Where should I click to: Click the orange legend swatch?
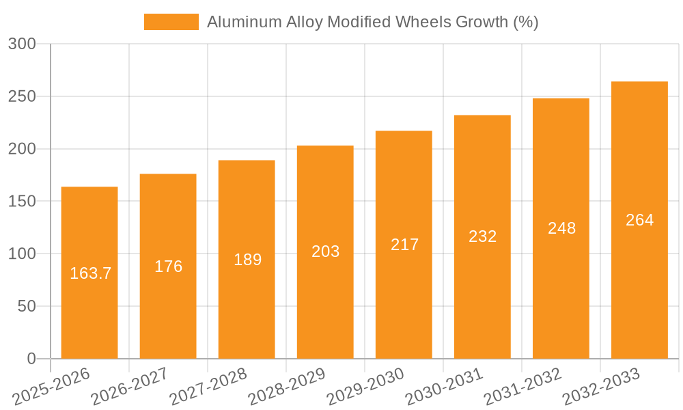point(171,22)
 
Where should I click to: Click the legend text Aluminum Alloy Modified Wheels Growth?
point(372,22)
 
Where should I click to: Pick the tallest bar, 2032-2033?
point(639,287)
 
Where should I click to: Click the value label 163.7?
point(91,273)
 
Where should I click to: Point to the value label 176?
point(168,266)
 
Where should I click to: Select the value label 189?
point(247,260)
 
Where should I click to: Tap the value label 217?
point(404,245)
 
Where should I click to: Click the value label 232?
point(482,236)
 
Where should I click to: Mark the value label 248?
point(561,228)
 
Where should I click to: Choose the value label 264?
point(639,220)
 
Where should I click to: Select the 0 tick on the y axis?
point(31,359)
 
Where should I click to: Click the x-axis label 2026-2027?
point(130,386)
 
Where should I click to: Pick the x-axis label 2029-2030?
point(366,386)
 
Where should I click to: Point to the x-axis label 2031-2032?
point(523,386)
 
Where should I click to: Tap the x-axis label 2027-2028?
point(209,386)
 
